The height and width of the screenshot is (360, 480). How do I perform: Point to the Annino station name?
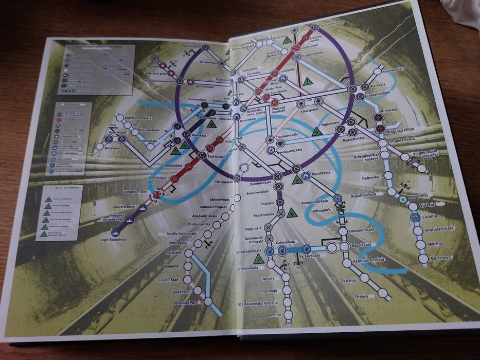275,314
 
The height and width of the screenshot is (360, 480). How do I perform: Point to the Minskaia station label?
111,148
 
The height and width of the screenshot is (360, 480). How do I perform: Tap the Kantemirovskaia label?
369,260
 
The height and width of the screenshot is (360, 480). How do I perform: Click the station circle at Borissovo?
423,259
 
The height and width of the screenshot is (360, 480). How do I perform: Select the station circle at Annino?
289,314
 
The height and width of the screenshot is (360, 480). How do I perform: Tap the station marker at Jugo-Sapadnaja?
115,232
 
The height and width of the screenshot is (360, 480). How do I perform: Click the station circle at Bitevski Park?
208,301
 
